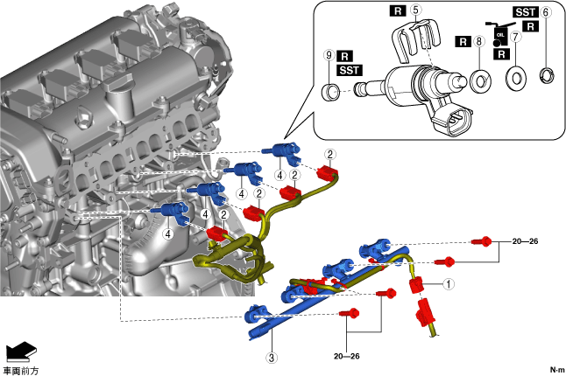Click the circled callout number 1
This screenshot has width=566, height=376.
pos(448,283)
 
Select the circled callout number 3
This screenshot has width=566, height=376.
pos(272,357)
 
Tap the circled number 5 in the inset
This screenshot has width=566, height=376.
pos(416,10)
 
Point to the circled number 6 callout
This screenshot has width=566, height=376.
pos(546,12)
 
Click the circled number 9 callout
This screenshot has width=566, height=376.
pos(329,54)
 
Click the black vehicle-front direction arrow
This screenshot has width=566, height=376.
pos(18,352)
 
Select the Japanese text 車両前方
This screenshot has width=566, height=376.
pos(20,370)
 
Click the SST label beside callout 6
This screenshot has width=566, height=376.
pos(524,12)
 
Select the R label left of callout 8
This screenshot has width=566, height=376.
pos(463,41)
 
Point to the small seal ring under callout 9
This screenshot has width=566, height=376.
pos(331,90)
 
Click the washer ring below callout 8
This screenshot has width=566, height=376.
pos(479,81)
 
